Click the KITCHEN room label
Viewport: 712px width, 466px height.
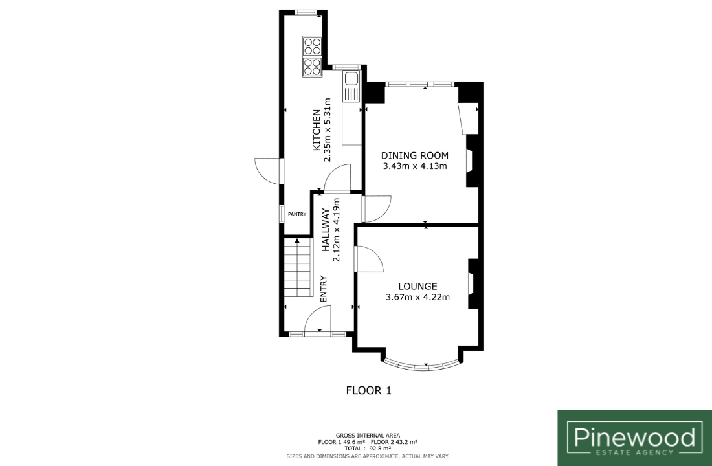[x=317, y=130]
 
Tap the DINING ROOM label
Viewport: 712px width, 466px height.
[x=414, y=155]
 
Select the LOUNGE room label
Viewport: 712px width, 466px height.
[x=417, y=287]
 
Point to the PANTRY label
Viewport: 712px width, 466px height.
[x=297, y=214]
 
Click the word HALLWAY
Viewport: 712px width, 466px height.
[x=326, y=230]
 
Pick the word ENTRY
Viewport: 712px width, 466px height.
[x=324, y=289]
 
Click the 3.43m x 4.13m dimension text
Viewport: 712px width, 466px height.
[x=415, y=166]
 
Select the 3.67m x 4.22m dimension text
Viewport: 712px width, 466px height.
[x=417, y=298]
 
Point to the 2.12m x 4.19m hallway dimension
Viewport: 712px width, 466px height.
[x=337, y=230]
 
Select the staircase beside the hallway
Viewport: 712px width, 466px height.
[x=298, y=267]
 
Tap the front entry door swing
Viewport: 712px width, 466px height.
[x=318, y=320]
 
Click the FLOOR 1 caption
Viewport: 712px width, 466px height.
[x=369, y=390]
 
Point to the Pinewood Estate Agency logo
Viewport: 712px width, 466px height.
[x=635, y=438]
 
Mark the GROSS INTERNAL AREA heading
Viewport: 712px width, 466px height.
[x=368, y=436]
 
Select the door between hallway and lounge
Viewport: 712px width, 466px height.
[x=369, y=260]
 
